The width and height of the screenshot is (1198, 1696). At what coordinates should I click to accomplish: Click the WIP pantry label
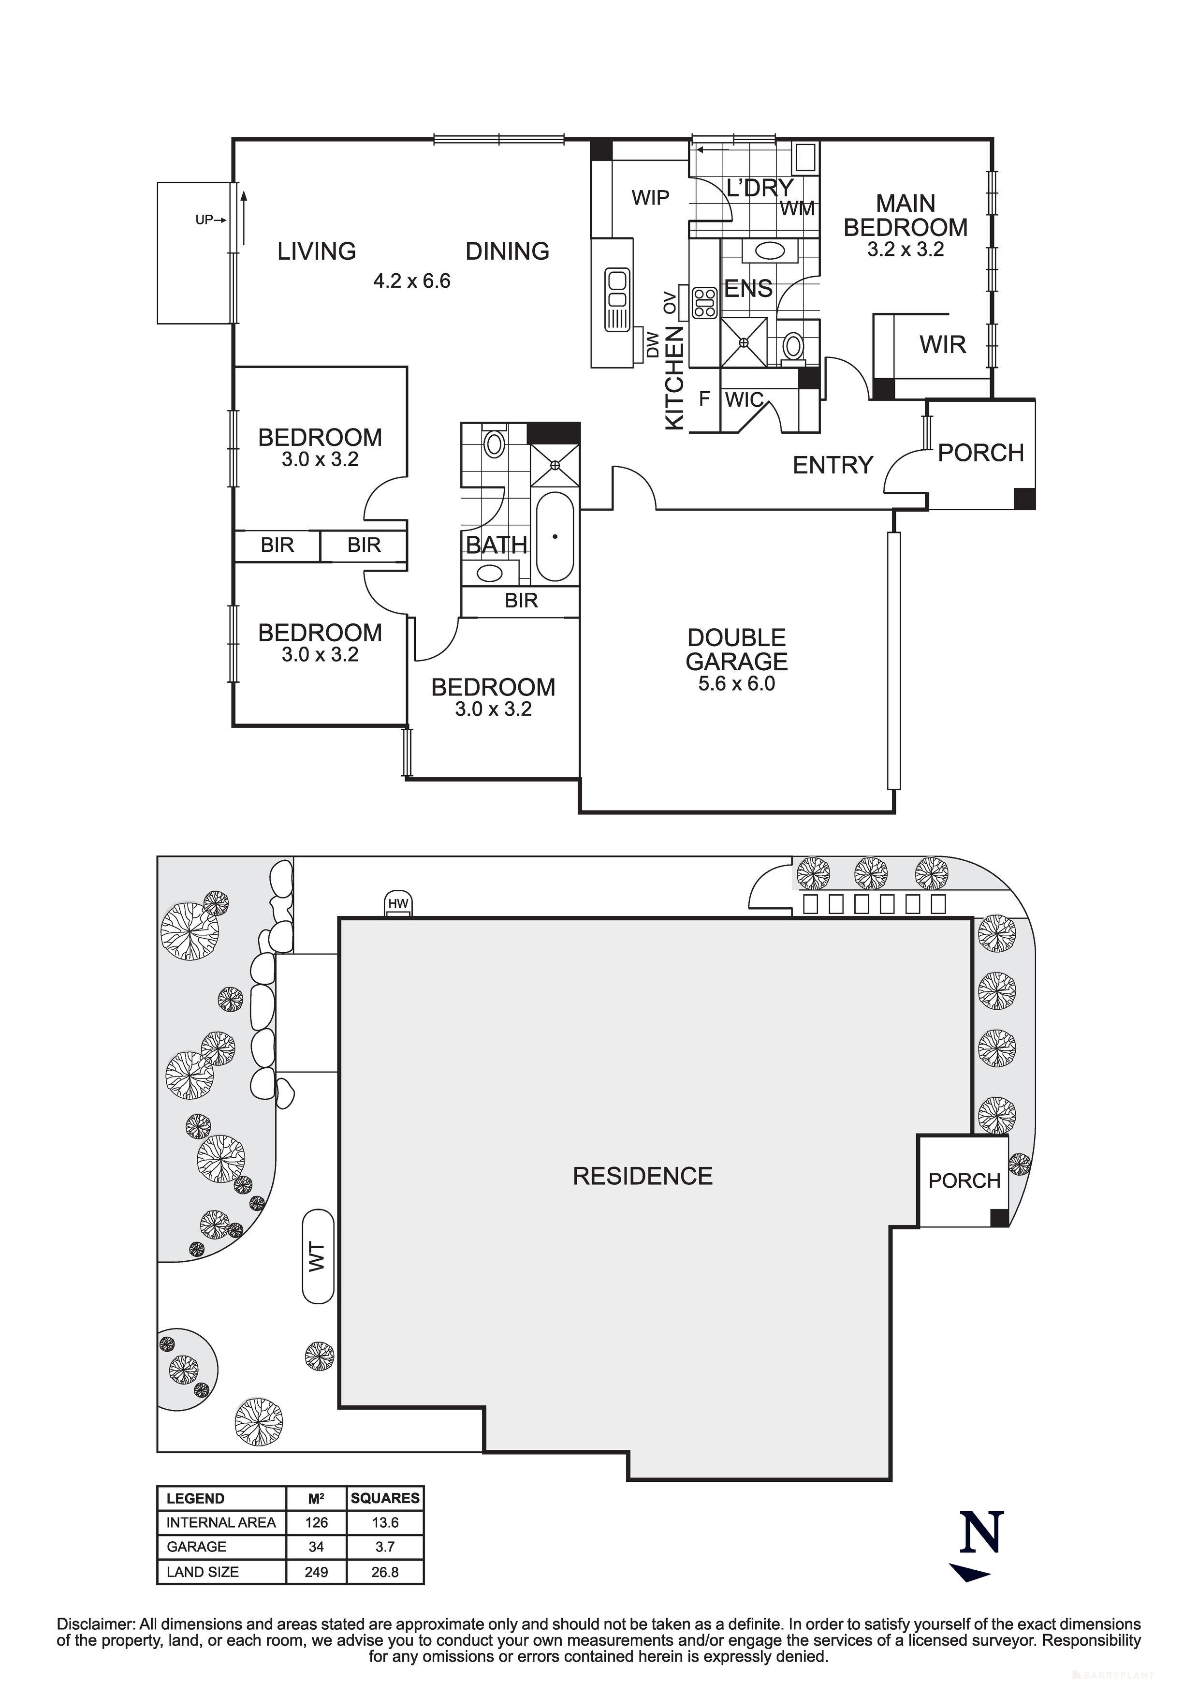(x=650, y=198)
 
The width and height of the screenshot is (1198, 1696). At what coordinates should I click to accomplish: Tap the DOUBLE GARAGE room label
(x=736, y=649)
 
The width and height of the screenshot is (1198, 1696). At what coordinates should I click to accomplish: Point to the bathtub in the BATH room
(x=555, y=537)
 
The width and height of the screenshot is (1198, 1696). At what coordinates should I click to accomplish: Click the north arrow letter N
(x=981, y=1532)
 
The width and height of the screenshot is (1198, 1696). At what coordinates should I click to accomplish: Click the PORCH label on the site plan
(x=964, y=1180)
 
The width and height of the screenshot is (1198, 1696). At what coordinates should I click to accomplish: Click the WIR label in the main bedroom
(x=942, y=344)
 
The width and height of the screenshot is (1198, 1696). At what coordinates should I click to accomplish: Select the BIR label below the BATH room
(x=522, y=601)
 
